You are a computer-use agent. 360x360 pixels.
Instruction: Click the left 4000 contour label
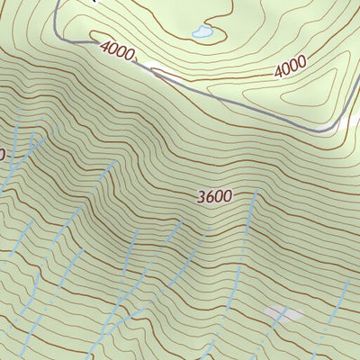(118, 51)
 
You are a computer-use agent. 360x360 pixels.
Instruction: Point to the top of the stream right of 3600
(256, 193)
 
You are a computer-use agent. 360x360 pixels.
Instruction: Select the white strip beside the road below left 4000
(166, 72)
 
